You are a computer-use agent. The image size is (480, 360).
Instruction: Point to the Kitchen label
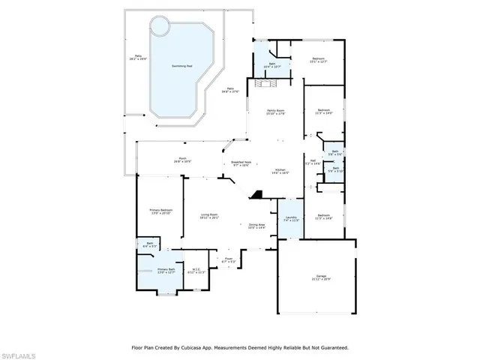click(280, 170)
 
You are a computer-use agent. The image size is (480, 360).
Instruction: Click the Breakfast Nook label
click(240, 163)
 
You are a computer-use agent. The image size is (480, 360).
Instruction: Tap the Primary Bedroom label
click(161, 211)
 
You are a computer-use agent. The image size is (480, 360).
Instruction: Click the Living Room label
click(209, 216)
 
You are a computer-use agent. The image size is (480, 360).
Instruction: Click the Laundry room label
click(292, 218)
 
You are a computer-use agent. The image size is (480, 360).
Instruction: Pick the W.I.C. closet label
click(196, 270)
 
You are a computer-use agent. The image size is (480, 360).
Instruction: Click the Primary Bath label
click(166, 271)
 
